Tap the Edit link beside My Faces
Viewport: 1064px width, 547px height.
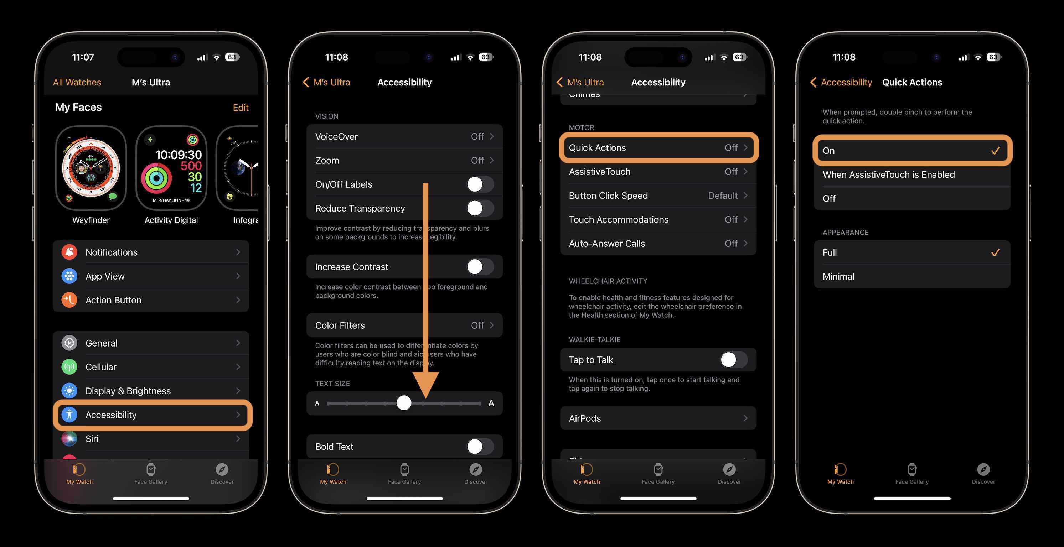click(x=241, y=108)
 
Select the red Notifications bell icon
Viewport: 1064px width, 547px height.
click(x=69, y=252)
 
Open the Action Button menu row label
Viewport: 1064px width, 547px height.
click(x=113, y=300)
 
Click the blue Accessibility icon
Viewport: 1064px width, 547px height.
click(x=69, y=415)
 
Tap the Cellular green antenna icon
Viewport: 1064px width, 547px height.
click(x=69, y=366)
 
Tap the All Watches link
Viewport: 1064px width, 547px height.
click(x=77, y=82)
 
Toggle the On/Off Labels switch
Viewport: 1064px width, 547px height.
click(x=480, y=184)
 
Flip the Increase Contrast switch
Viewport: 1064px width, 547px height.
click(x=480, y=267)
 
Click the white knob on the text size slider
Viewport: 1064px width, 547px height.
click(x=404, y=402)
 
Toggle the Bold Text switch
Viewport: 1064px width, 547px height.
click(x=480, y=446)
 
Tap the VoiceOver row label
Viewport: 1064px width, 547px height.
click(x=336, y=137)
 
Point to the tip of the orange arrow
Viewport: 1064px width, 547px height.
click(x=425, y=397)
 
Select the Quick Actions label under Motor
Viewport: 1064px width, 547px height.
click(x=597, y=148)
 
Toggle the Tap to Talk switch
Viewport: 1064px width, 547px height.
click(x=734, y=360)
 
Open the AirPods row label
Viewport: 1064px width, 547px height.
click(x=585, y=418)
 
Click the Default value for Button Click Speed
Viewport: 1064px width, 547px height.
click(x=722, y=196)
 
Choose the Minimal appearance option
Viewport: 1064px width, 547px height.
click(x=838, y=277)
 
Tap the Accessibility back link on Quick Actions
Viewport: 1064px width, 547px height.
click(x=846, y=82)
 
